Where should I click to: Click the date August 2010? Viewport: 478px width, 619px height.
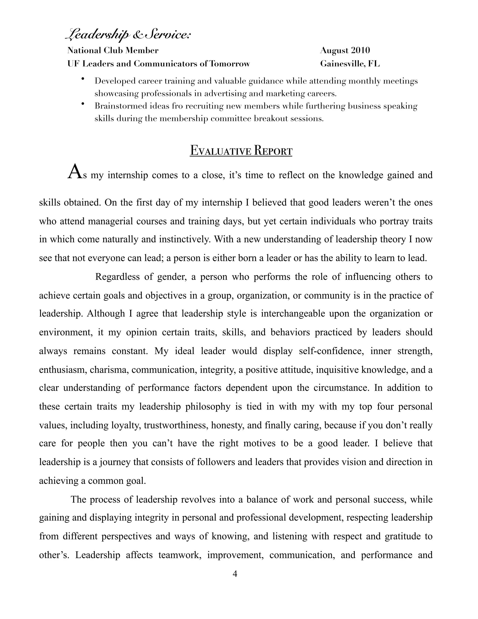click(x=345, y=50)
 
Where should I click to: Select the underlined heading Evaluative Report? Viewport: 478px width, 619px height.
click(x=241, y=150)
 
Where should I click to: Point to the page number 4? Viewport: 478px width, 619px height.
click(x=235, y=574)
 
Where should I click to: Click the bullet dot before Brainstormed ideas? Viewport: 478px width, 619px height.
click(x=83, y=104)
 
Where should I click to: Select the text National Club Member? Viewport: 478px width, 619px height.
click(x=113, y=50)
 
